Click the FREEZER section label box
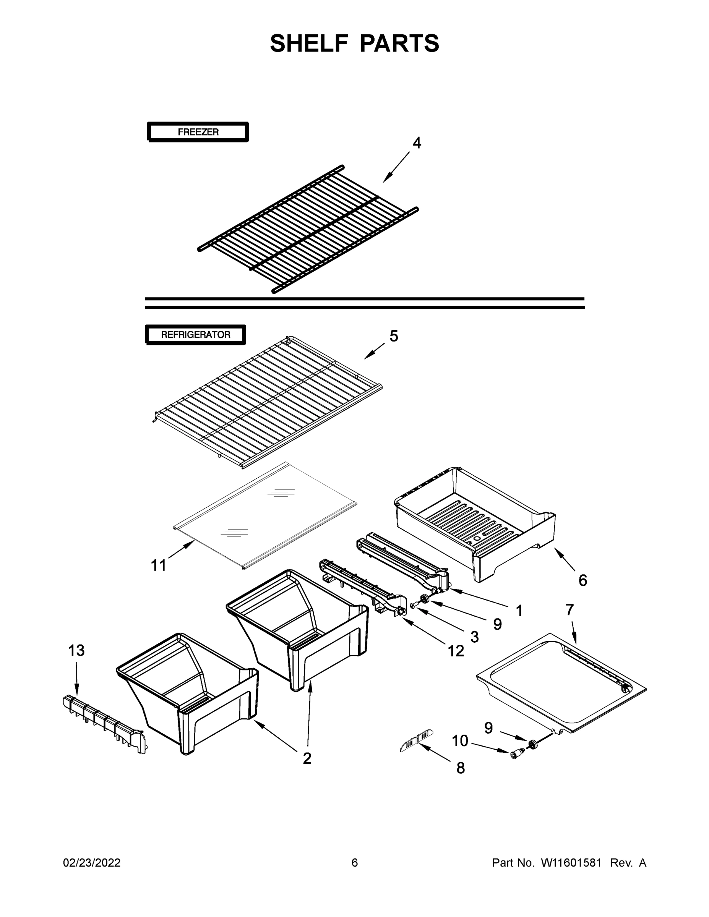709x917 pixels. (198, 132)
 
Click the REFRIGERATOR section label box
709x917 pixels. (195, 335)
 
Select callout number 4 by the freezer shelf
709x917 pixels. (416, 143)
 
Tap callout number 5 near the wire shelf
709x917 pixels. (394, 336)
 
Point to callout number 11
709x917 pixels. (158, 565)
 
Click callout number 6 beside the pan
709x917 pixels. (582, 580)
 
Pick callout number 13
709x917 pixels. (76, 650)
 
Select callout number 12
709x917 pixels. (456, 651)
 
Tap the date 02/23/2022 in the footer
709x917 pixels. (92, 862)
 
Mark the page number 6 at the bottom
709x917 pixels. (355, 862)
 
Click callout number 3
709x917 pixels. (474, 637)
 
